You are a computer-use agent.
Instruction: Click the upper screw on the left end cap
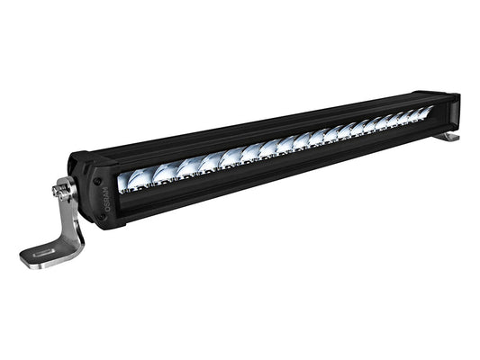click(96, 179)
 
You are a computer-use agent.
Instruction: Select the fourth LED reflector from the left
click(212, 161)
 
